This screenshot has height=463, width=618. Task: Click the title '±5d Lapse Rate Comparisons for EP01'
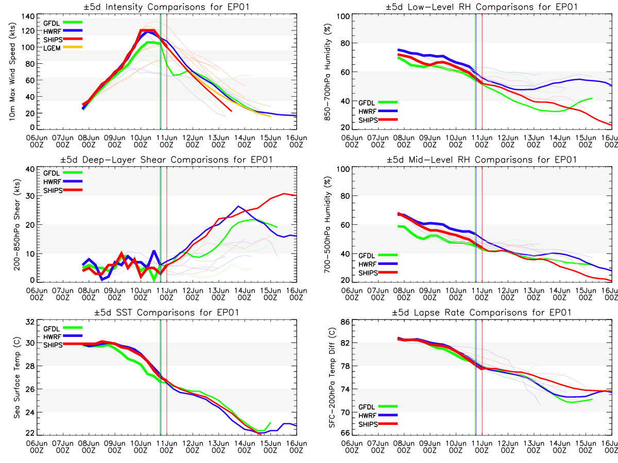click(482, 312)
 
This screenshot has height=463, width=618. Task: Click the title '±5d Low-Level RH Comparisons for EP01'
click(482, 7)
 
